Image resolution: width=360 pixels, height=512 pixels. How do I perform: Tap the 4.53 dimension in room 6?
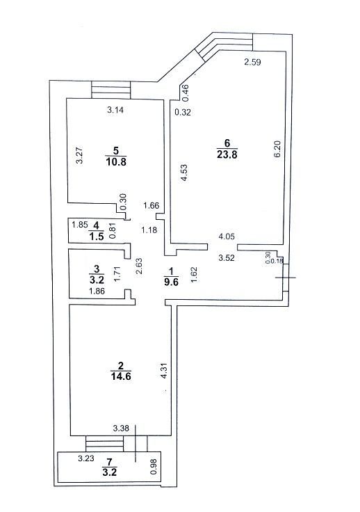pos(184,173)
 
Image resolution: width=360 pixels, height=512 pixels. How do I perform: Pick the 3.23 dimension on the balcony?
pos(85,458)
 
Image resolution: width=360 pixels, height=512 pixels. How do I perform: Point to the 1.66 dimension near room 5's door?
pos(152,205)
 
